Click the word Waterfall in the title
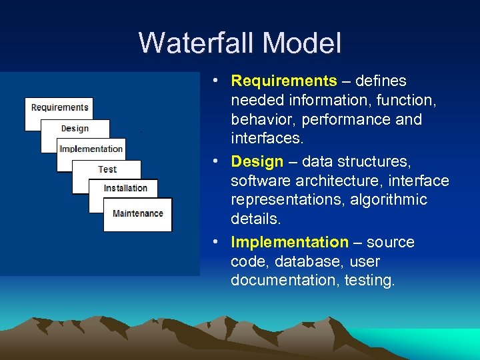(x=197, y=43)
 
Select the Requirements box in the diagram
(x=59, y=108)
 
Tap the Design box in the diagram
(x=75, y=129)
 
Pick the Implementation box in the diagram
(x=91, y=149)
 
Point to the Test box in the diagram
(x=107, y=169)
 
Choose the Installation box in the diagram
(x=125, y=188)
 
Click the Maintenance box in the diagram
(x=138, y=213)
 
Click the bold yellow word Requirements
(x=284, y=81)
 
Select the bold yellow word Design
(x=257, y=162)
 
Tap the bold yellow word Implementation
(x=289, y=242)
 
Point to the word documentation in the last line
(x=284, y=281)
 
